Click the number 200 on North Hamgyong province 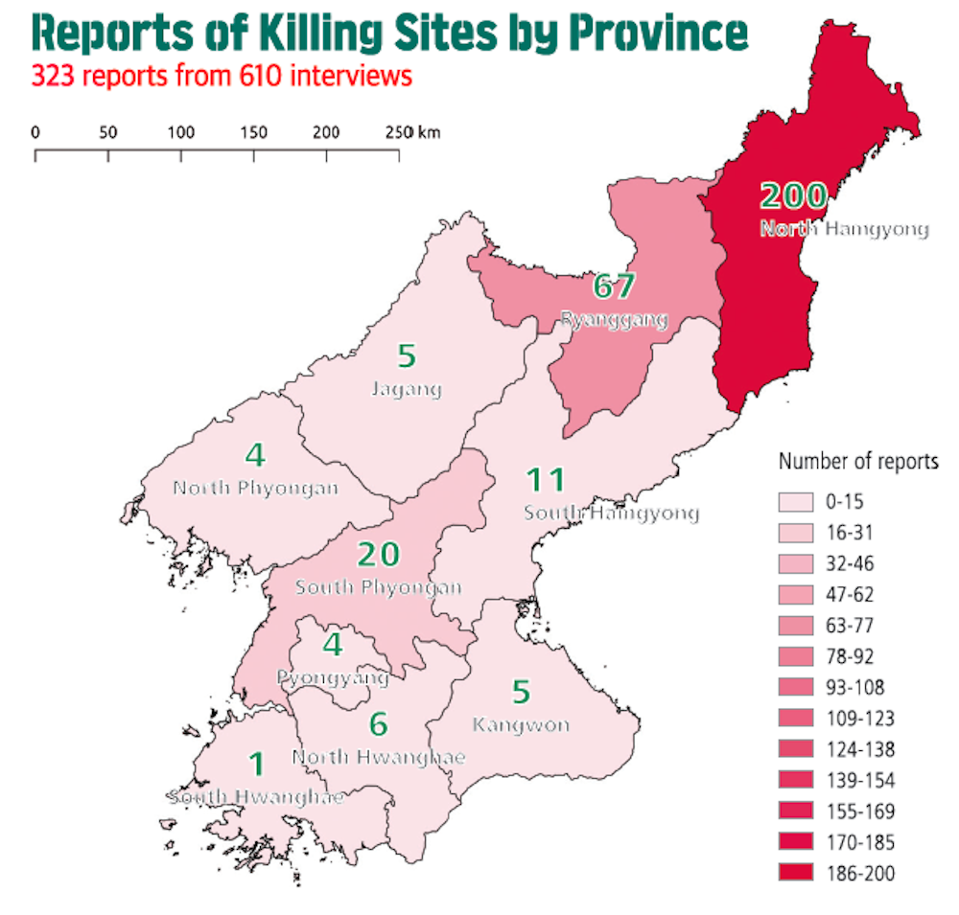[x=793, y=195]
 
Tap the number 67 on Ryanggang [x=615, y=286]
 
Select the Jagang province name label [x=406, y=389]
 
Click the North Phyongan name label [x=255, y=488]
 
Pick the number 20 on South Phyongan [x=378, y=554]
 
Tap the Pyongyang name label [x=333, y=678]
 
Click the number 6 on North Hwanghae [x=379, y=725]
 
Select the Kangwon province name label [x=521, y=724]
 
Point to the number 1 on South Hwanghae [x=256, y=764]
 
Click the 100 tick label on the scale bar [x=181, y=132]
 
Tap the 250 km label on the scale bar [x=412, y=132]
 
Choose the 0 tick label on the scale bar [x=35, y=132]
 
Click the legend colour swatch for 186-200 [x=796, y=873]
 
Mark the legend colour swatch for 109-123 [x=796, y=719]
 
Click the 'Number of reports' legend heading [x=858, y=462]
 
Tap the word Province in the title [x=657, y=34]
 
